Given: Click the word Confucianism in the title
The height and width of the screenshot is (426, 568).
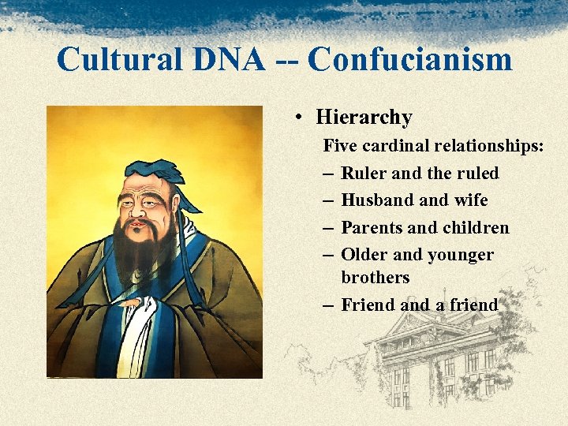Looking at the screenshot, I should click(409, 59).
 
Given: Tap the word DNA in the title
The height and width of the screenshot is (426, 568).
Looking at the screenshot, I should click(227, 59).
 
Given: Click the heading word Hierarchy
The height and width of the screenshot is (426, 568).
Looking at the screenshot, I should click(364, 118).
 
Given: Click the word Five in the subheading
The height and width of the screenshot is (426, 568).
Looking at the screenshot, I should click(340, 145).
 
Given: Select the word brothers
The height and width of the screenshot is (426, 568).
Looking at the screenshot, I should click(376, 278).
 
